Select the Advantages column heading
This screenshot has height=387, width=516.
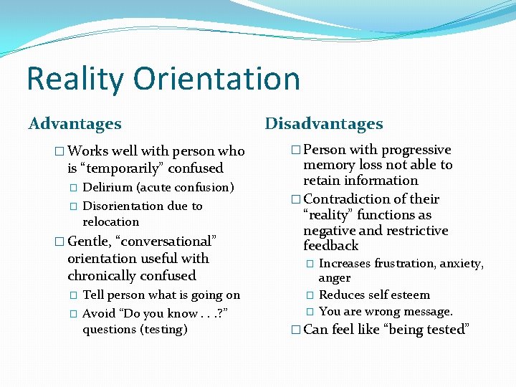pyautogui.click(x=75, y=124)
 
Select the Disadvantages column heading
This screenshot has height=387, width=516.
pyautogui.click(x=324, y=124)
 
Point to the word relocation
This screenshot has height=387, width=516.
pyautogui.click(x=111, y=221)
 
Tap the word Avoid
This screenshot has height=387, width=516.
pyautogui.click(x=97, y=312)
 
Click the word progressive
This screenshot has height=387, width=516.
pyautogui.click(x=416, y=150)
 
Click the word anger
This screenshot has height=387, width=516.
pyautogui.click(x=335, y=278)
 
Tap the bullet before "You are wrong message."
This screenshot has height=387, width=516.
pyautogui.click(x=310, y=312)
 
